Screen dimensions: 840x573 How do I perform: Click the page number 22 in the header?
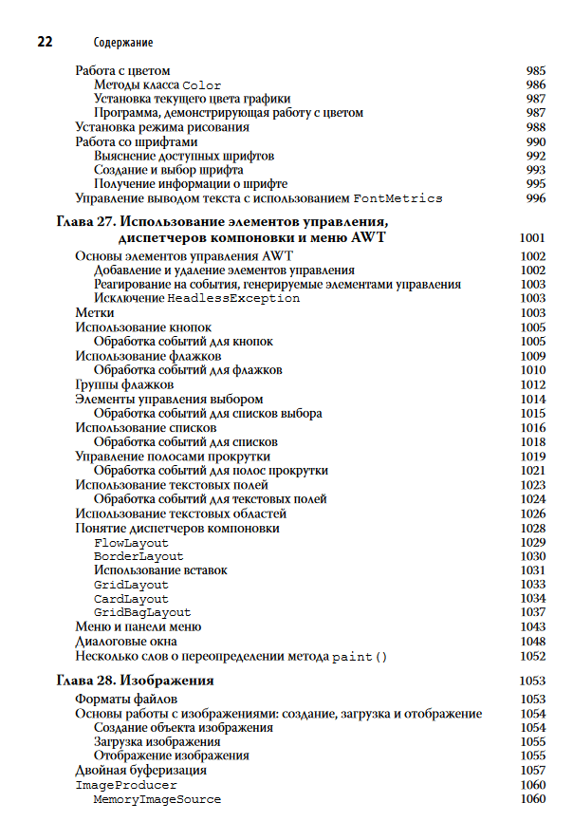[44, 42]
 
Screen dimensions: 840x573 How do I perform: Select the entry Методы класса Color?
[157, 84]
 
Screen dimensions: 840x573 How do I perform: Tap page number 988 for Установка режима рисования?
[535, 127]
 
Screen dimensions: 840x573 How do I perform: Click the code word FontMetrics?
[397, 198]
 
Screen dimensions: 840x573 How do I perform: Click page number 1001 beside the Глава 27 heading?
[532, 237]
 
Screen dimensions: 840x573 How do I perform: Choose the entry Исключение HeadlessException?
[196, 298]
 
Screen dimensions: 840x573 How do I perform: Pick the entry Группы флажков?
[124, 384]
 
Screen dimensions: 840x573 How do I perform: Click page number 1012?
[532, 384]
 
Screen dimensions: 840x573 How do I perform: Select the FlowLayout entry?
[131, 542]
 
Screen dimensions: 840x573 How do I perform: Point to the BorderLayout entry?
[139, 556]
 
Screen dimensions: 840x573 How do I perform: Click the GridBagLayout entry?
[142, 613]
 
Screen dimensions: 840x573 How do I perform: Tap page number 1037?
[532, 613]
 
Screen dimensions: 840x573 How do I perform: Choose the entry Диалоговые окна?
[126, 642]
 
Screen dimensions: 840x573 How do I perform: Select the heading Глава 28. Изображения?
[134, 681]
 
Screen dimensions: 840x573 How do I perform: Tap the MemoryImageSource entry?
[157, 799]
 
